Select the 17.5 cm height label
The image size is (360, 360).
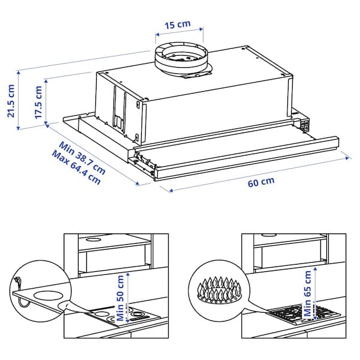(x=38, y=102)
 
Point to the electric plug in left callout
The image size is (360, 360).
(x=18, y=280)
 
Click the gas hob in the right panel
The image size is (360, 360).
(x=303, y=313)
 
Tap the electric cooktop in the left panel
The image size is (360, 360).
(x=124, y=316)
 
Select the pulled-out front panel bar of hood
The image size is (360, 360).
(x=240, y=153)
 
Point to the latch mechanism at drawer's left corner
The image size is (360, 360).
(x=142, y=160)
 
